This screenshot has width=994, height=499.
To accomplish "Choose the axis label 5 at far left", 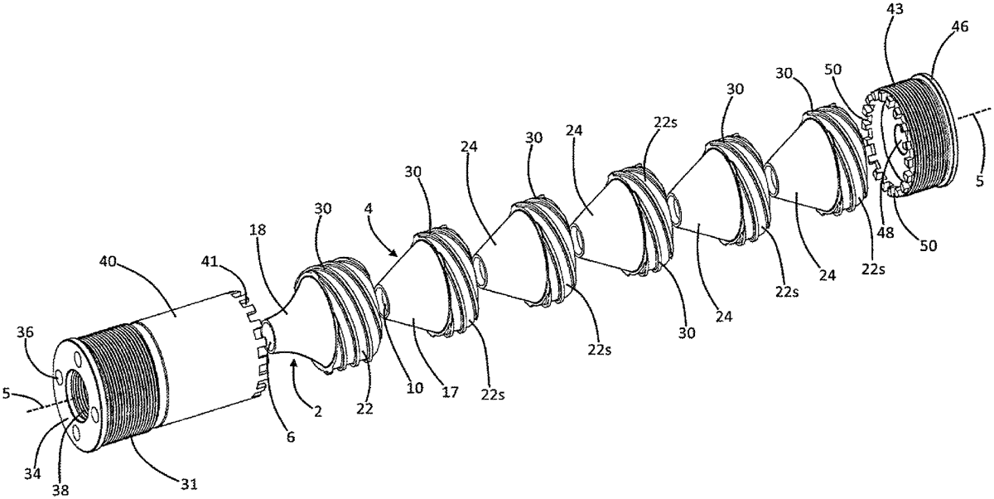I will (9, 394).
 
